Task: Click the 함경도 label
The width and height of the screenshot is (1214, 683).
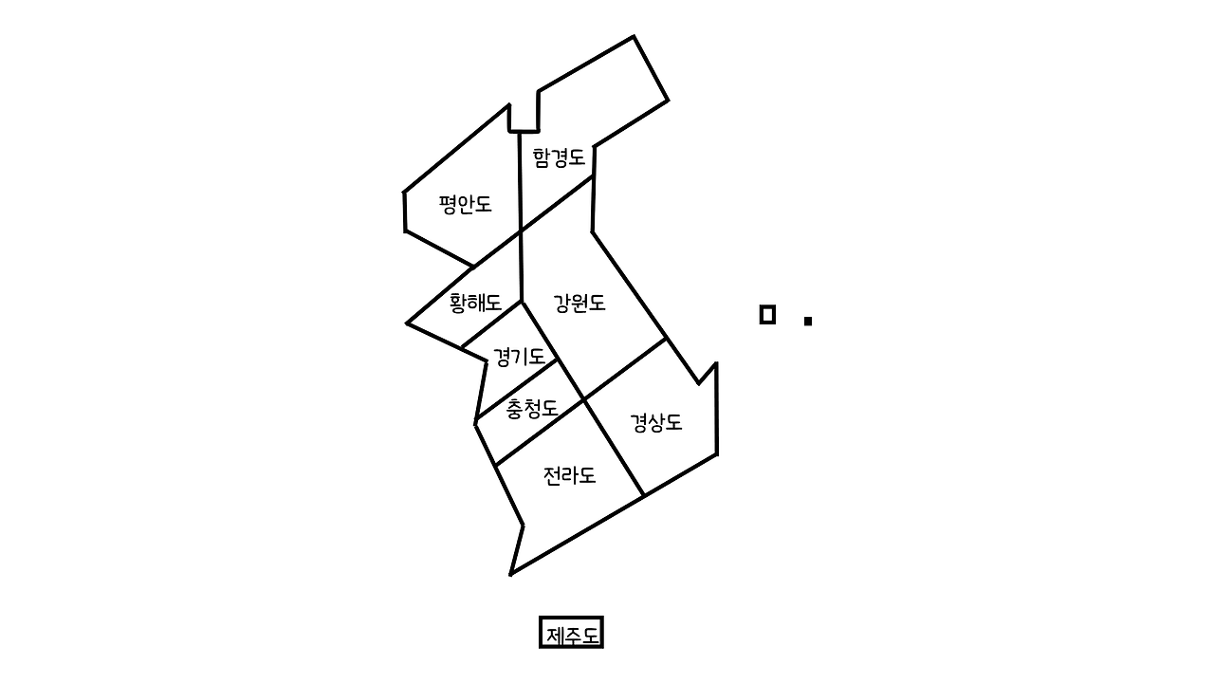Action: tap(559, 157)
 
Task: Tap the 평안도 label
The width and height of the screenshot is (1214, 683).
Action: tap(466, 204)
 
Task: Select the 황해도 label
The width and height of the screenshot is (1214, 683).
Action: tap(475, 303)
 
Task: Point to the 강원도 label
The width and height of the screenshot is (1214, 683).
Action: tap(579, 304)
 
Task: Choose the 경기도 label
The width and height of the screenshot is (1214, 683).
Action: tap(519, 358)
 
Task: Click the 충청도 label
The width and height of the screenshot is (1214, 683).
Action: tap(531, 409)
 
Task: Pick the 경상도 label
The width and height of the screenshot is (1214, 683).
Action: tap(656, 423)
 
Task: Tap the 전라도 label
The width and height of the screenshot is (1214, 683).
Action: tap(569, 475)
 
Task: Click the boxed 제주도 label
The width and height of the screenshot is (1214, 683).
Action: tap(571, 633)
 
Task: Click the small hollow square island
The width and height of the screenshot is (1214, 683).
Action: tap(767, 314)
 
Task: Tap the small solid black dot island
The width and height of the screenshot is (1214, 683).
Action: tap(807, 321)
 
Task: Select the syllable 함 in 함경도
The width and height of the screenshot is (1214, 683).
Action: tap(542, 157)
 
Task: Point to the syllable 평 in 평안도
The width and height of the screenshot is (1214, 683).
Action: tap(449, 204)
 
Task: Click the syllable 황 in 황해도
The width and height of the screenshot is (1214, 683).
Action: tap(458, 303)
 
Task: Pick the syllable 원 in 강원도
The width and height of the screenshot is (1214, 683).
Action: tap(579, 304)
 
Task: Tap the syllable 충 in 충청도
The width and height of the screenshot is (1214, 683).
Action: tap(514, 409)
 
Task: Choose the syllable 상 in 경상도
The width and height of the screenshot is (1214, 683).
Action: tap(656, 423)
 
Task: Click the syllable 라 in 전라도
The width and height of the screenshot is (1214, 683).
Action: tap(569, 475)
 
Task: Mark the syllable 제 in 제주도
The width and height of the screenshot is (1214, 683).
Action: tap(554, 633)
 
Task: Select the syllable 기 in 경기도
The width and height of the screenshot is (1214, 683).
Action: tap(519, 358)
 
